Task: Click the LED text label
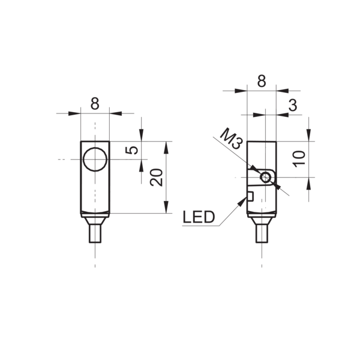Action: tap(199, 217)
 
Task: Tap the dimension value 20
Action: tap(156, 177)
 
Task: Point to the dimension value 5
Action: tap(131, 150)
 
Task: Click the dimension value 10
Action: tap(299, 159)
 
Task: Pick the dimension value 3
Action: tap(293, 105)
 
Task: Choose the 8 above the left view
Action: tap(95, 103)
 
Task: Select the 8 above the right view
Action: tap(262, 81)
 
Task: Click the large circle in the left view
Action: tap(95, 148)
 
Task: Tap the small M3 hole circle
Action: tap(266, 173)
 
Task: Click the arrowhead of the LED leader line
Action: tap(242, 202)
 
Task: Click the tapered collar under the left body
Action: tap(95, 221)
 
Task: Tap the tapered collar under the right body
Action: tap(262, 221)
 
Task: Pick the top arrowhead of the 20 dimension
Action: tap(166, 148)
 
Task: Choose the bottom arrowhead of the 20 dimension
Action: tap(166, 207)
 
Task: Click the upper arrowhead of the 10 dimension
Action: tap(309, 135)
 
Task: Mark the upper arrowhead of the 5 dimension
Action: tap(142, 135)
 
